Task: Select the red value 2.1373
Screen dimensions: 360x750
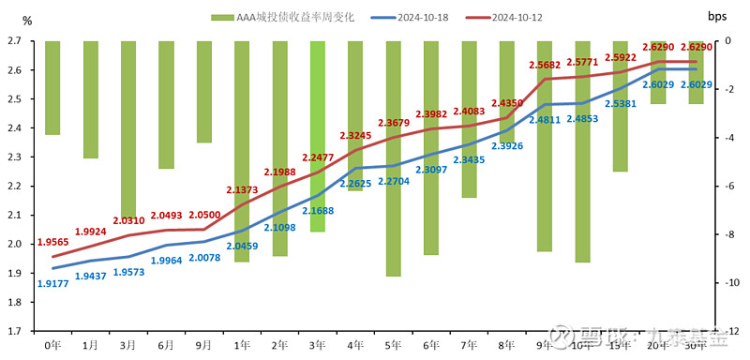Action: pyautogui.click(x=243, y=189)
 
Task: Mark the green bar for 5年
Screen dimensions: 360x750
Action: pyautogui.click(x=394, y=158)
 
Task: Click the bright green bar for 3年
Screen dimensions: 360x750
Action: pyautogui.click(x=318, y=136)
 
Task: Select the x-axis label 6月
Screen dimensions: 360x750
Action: pyautogui.click(x=166, y=344)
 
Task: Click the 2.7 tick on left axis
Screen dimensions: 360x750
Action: pyautogui.click(x=14, y=40)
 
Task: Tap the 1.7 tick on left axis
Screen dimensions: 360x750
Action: pyautogui.click(x=14, y=331)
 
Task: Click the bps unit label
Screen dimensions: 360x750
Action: pyautogui.click(x=716, y=16)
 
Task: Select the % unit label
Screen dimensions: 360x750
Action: pyautogui.click(x=26, y=20)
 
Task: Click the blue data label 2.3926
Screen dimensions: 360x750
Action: pyautogui.click(x=506, y=146)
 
